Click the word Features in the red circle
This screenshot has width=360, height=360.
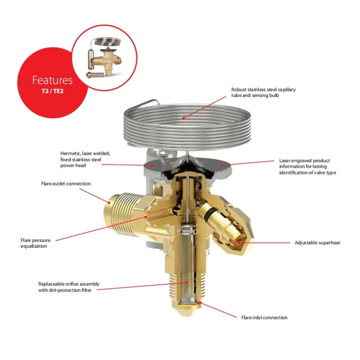pyautogui.click(x=52, y=80)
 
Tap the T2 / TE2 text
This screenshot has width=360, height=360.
pyautogui.click(x=52, y=91)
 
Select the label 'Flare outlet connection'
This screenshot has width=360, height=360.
pyautogui.click(x=66, y=184)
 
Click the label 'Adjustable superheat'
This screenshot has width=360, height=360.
pyautogui.click(x=317, y=243)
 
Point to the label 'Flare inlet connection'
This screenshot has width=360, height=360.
pyautogui.click(x=264, y=318)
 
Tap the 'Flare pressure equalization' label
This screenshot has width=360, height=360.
pyautogui.click(x=36, y=243)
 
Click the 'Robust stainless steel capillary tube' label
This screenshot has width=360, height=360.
pyautogui.click(x=263, y=92)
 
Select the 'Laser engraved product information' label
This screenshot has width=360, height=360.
pyautogui.click(x=308, y=166)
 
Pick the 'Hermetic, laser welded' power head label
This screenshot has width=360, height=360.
pyautogui.click(x=85, y=159)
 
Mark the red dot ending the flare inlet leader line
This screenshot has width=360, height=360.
pyautogui.click(x=200, y=303)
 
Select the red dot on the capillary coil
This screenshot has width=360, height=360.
pyautogui.click(x=184, y=118)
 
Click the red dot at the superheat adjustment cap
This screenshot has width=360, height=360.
pyautogui.click(x=239, y=243)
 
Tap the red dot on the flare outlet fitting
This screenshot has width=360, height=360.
pyautogui.click(x=109, y=202)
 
